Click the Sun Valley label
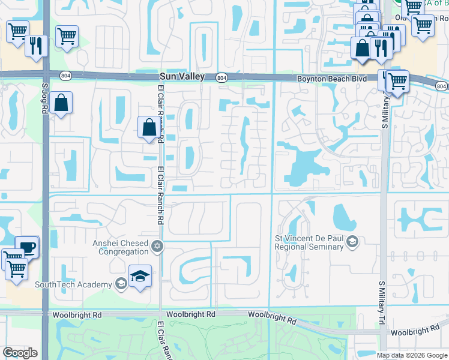pos(182,77)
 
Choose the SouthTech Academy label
pos(73,284)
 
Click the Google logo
pos(20,353)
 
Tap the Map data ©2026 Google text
pos(411,355)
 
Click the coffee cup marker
pos(26,247)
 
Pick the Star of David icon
pos(157,247)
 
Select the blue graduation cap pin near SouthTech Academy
pos(140,276)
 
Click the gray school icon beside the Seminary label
pos(353,242)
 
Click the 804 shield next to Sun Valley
pos(221,77)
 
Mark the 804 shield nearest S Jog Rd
pos(65,74)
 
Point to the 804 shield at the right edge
pos(442,86)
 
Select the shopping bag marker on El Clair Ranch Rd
pos(149,127)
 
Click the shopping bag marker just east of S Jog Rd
pos(61,103)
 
